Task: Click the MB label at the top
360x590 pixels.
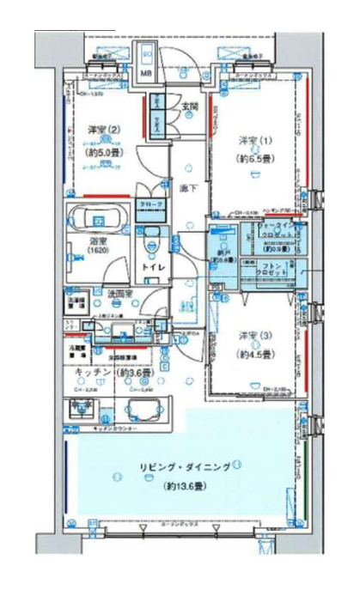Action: (x=147, y=74)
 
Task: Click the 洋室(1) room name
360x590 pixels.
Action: (x=252, y=139)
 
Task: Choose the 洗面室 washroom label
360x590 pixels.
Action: (x=119, y=295)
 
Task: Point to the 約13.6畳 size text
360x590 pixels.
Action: (x=186, y=486)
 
